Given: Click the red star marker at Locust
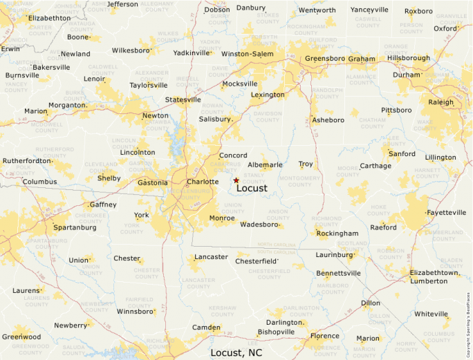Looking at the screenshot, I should (x=236, y=180).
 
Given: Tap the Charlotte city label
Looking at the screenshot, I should (x=203, y=182).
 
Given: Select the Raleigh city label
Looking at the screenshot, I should (x=440, y=102).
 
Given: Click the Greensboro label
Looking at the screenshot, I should (x=324, y=59).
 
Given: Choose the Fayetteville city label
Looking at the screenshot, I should (x=445, y=213).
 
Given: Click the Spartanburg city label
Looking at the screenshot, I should (x=75, y=227).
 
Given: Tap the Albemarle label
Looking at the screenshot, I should (x=264, y=165).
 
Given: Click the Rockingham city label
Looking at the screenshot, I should (x=337, y=234).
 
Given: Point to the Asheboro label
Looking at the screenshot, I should (x=328, y=120).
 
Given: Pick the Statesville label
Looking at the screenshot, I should (x=183, y=100).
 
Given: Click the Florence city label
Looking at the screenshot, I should (x=324, y=337).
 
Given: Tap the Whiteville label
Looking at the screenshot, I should (x=431, y=314).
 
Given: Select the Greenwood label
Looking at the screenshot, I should (x=21, y=337).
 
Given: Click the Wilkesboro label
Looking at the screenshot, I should (x=131, y=50).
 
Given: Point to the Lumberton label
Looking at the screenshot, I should (x=429, y=281).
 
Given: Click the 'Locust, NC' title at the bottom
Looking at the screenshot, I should (x=236, y=353).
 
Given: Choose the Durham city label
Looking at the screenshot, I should (x=406, y=75).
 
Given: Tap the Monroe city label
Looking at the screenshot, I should (x=222, y=218).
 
